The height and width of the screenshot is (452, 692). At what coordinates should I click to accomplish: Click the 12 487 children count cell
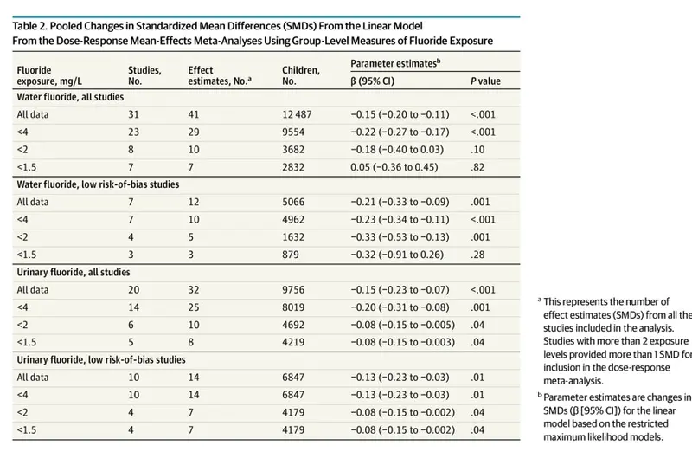point(297,114)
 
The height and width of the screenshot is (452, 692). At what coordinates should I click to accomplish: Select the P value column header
point(485,81)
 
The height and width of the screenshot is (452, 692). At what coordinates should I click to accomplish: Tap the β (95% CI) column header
point(373,81)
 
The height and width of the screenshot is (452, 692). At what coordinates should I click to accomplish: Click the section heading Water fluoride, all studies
point(70,97)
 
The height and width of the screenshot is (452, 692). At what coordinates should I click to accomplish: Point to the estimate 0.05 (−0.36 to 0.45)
point(394,167)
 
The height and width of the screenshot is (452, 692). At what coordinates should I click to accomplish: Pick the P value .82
point(477,167)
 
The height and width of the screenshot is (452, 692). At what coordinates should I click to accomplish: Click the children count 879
point(291,255)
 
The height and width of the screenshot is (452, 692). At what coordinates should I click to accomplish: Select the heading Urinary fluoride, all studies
point(74,272)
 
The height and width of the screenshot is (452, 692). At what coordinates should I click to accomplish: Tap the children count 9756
point(293,290)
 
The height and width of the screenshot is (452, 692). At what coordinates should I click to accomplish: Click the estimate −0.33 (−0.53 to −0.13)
point(400,237)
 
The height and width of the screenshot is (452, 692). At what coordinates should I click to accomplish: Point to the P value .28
point(477,255)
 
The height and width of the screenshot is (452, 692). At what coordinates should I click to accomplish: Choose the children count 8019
point(293,307)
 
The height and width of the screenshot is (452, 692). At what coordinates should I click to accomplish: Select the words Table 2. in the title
point(29,26)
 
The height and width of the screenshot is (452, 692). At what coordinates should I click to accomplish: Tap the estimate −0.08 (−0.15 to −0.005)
point(402,325)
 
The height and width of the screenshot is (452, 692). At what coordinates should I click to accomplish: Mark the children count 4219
point(293,342)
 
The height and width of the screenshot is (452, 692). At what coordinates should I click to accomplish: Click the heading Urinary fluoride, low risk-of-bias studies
point(101,359)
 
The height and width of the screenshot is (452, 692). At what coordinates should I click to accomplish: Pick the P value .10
point(477,149)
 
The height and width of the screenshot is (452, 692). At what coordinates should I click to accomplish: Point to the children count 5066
point(293,202)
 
